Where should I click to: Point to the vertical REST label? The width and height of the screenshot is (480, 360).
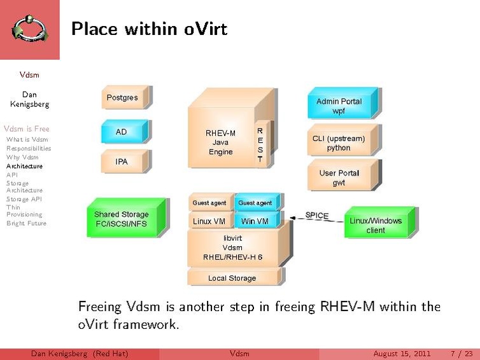260,145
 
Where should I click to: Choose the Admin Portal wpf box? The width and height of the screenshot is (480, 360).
339,106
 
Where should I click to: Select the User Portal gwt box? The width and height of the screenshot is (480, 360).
339,177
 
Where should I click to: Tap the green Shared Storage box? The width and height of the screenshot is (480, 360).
122,219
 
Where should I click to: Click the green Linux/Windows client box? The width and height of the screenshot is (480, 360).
376,225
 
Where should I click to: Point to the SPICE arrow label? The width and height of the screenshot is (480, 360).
317,216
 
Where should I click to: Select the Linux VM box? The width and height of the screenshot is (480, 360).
209,221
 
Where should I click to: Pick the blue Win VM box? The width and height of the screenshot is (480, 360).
255,221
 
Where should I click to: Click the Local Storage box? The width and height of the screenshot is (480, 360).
232,278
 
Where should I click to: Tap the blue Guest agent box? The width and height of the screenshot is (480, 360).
255,203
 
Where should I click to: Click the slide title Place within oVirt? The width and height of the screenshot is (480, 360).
149,29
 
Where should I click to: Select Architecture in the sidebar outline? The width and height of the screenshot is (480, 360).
25,166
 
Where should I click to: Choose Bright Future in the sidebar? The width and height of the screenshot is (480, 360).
26,223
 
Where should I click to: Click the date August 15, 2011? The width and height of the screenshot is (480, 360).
402,354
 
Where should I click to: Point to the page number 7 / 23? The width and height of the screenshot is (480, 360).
461,354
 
